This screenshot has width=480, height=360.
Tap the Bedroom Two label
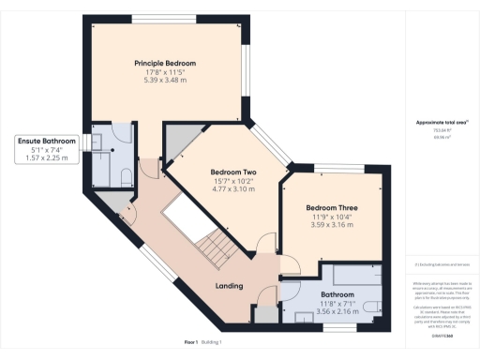pos(233,172)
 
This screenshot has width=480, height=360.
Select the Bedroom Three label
pos(332,208)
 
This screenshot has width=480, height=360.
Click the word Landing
pos(230,285)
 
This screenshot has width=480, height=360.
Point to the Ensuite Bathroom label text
pos(45,141)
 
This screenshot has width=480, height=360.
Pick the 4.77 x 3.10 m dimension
pos(233,189)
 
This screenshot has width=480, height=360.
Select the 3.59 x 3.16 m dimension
pos(332,225)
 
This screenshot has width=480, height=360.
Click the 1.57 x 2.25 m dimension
pos(45,157)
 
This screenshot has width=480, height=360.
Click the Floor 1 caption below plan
pos(191,343)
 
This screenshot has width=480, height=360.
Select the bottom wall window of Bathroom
pos(336,327)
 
